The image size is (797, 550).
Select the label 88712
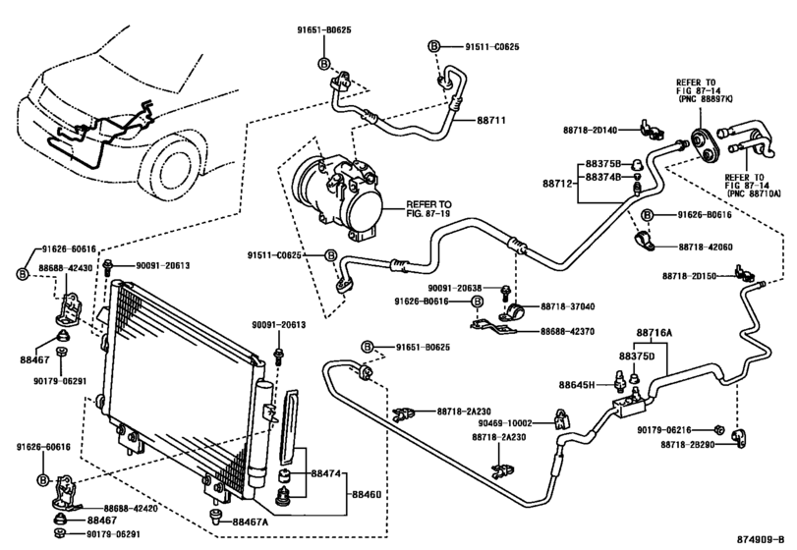[557, 182]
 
